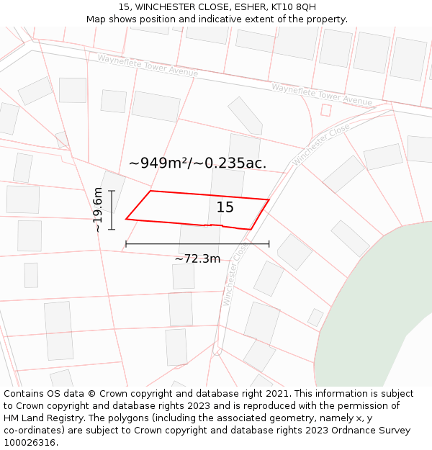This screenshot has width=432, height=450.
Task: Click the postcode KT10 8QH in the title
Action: [x=294, y=6]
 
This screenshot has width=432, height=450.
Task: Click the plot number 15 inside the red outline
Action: [x=225, y=207]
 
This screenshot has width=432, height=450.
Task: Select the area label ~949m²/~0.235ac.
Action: [x=197, y=163]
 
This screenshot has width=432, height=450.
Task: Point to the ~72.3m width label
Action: [x=197, y=258]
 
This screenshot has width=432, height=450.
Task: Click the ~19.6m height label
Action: [x=97, y=210]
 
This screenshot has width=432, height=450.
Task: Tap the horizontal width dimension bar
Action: [x=197, y=244]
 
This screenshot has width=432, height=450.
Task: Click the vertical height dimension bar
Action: [x=112, y=210]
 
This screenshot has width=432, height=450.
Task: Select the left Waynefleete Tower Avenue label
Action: [x=148, y=65]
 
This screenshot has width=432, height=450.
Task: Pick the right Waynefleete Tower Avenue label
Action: [x=322, y=94]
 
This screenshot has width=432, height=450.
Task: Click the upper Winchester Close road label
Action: [x=321, y=143]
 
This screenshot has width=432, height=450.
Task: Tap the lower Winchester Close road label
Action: [x=235, y=274]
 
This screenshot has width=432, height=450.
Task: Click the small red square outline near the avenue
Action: [x=326, y=110]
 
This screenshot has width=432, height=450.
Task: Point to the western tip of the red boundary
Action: [x=127, y=218]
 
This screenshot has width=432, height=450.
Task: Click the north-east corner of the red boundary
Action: [x=269, y=200]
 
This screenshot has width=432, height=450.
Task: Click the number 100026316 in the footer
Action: [x=31, y=442]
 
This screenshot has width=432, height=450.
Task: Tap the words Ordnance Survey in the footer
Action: [x=372, y=430]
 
